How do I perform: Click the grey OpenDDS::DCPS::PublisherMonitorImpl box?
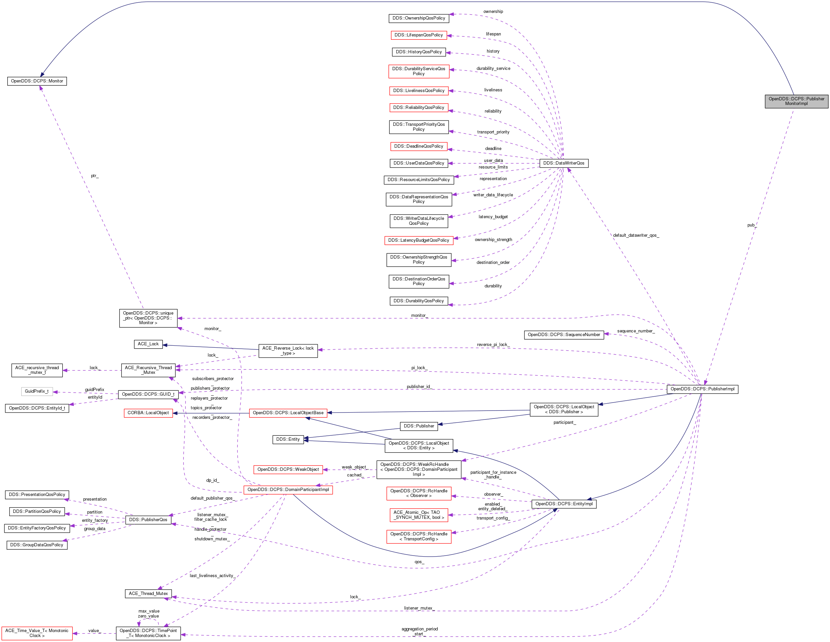[x=796, y=101]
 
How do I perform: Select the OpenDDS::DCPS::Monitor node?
[x=37, y=81]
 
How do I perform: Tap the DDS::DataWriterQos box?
[x=564, y=163]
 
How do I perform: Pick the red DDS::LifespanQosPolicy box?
[x=418, y=35]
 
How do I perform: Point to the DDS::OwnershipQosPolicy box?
[x=418, y=18]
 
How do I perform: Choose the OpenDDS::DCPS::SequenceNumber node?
[x=564, y=335]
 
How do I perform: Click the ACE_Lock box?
[x=148, y=344]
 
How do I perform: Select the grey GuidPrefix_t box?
[x=37, y=391]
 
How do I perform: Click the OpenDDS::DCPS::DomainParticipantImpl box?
[x=288, y=490]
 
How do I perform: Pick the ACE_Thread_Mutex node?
[x=148, y=594]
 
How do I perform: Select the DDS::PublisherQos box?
[x=148, y=520]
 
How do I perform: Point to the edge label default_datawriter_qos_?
[x=636, y=235]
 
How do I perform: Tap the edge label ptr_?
[x=95, y=176]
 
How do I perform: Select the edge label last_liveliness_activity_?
[x=212, y=576]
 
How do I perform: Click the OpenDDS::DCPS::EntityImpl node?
[x=564, y=504]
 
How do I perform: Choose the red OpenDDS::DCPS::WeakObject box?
[x=288, y=469]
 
